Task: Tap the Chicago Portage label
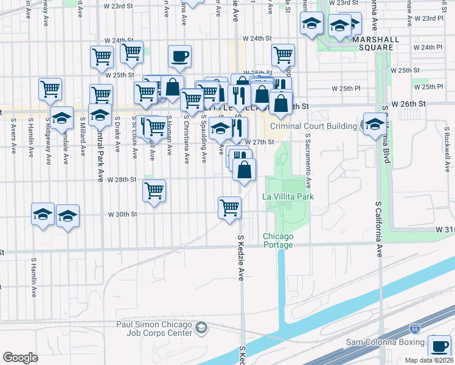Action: (x=278, y=240)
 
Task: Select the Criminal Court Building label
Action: (x=313, y=126)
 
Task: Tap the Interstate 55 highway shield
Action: (x=415, y=328)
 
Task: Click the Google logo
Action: (x=20, y=358)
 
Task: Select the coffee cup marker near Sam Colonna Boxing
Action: (x=439, y=346)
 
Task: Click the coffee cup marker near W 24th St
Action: (x=179, y=57)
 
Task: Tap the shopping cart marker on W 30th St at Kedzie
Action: (x=229, y=207)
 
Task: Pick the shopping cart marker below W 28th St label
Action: (x=155, y=190)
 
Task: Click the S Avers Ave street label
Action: (x=12, y=137)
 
